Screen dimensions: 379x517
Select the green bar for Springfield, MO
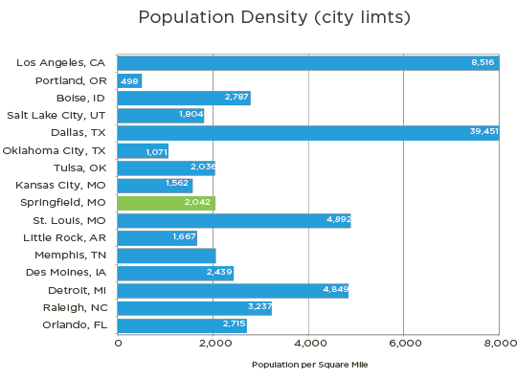tap(166, 203)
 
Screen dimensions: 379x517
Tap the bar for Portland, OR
tap(130, 80)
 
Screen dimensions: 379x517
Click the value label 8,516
tap(483, 62)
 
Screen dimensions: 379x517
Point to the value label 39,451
tap(483, 132)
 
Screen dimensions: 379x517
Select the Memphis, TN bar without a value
tap(167, 256)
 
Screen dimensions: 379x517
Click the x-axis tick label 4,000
tap(308, 342)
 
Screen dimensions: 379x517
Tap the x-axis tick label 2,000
tap(214, 342)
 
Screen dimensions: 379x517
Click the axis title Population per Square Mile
tap(308, 365)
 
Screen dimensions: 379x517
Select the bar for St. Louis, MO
tap(234, 220)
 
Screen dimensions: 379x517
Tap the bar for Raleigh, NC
tap(194, 308)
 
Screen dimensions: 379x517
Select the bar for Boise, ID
tap(184, 98)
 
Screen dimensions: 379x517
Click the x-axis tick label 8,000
tap(498, 342)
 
